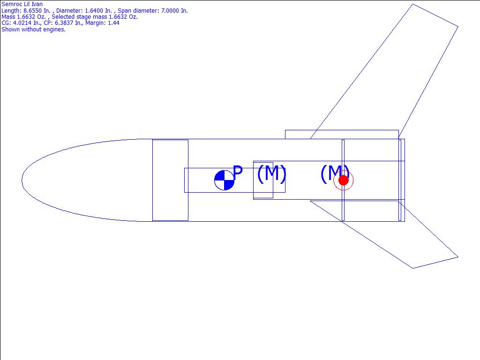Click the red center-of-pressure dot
(x=344, y=180)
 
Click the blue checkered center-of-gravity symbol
(x=225, y=180)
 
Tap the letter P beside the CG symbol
(x=238, y=172)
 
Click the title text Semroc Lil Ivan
(x=22, y=4)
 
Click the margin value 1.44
(x=113, y=23)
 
